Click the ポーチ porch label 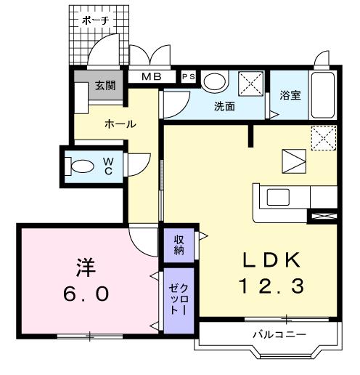tap(95, 20)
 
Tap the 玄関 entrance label tap(105, 86)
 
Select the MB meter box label tap(152, 77)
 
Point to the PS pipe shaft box tap(189, 77)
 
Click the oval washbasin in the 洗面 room tap(215, 81)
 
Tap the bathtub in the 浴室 tap(323, 95)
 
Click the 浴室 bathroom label tap(290, 95)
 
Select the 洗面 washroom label tap(224, 106)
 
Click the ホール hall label tap(120, 124)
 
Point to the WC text tap(108, 166)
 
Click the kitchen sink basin tap(278, 197)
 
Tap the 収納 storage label tap(179, 245)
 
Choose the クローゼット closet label tap(179, 299)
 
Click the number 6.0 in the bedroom tap(86, 294)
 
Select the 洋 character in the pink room tap(86, 268)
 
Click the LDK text tap(271, 260)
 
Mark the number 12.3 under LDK tap(271, 286)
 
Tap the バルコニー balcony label tap(279, 334)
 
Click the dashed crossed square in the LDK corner tap(324, 138)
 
